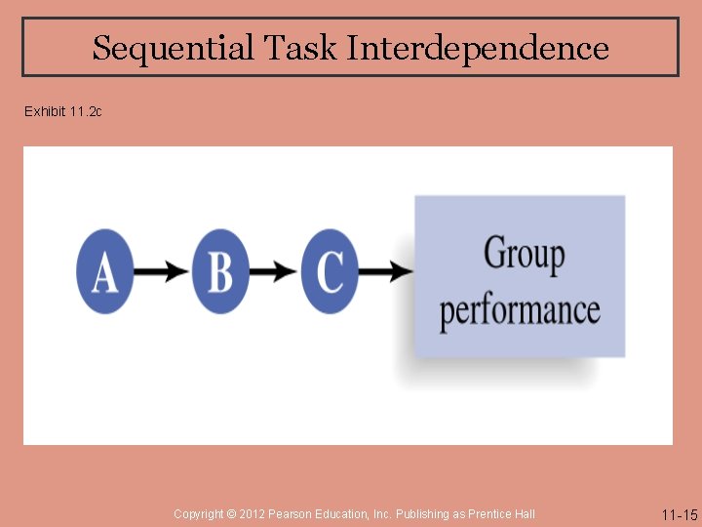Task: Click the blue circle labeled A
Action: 104,271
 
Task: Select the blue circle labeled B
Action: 220,271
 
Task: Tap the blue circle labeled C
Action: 330,271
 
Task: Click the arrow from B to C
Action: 275,271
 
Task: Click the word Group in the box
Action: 524,255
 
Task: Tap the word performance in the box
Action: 519,310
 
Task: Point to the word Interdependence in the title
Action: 478,48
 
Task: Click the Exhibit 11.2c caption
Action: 63,112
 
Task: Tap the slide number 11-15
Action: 680,515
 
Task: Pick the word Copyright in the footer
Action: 198,514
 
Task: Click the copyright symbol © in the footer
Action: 231,514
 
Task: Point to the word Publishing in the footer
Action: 423,514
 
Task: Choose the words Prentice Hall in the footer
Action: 501,514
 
